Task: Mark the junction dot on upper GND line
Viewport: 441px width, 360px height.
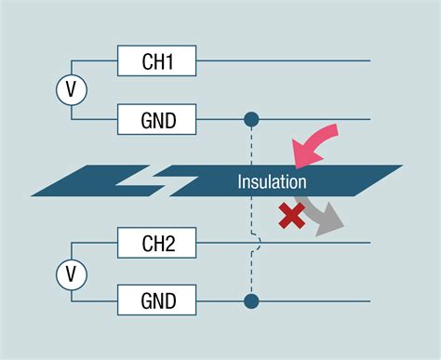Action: [x=251, y=119]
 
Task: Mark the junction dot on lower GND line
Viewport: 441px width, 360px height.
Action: [x=251, y=301]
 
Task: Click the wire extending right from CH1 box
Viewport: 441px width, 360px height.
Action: [x=279, y=61]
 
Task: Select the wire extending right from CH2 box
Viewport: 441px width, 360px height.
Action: [x=316, y=245]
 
